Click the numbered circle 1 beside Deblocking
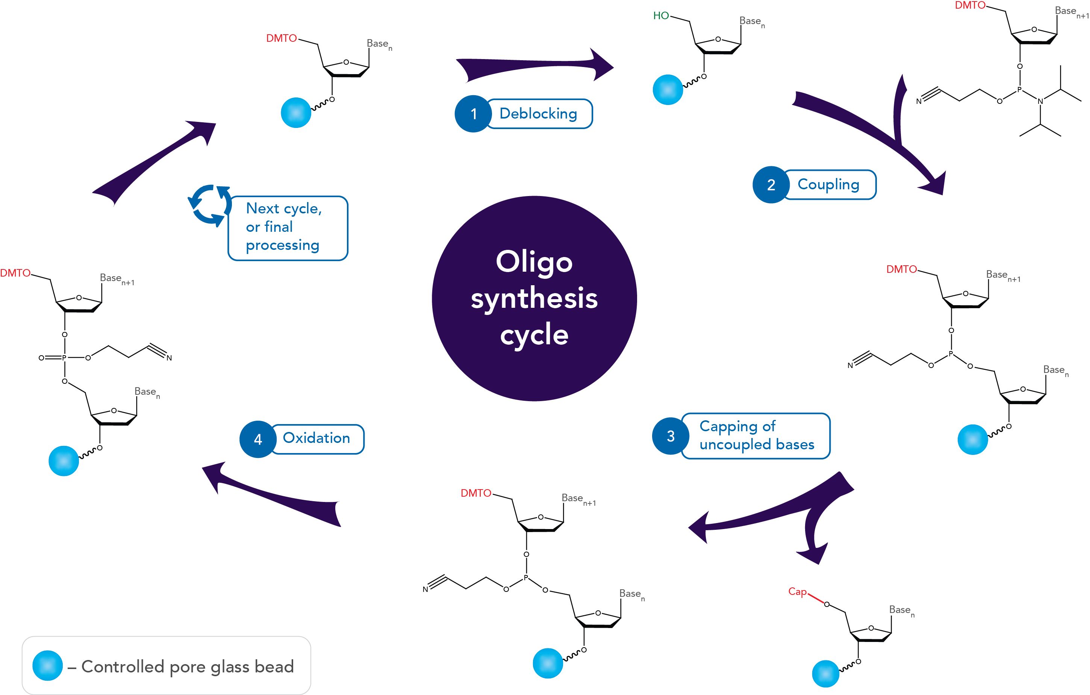[x=473, y=114]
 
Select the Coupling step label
[x=828, y=184]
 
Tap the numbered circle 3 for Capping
[x=671, y=436]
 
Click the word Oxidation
[x=316, y=438]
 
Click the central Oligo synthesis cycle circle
[x=534, y=298]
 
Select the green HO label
[x=661, y=16]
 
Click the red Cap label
[x=797, y=591]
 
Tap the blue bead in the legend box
[x=47, y=666]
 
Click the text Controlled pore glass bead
[x=188, y=666]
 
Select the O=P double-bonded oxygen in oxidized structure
[x=42, y=358]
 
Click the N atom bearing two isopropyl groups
[x=1040, y=102]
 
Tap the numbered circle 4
[x=258, y=439]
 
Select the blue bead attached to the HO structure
[x=668, y=90]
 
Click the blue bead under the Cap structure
[x=826, y=674]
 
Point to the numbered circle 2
[x=771, y=185]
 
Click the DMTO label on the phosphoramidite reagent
[x=970, y=5]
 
